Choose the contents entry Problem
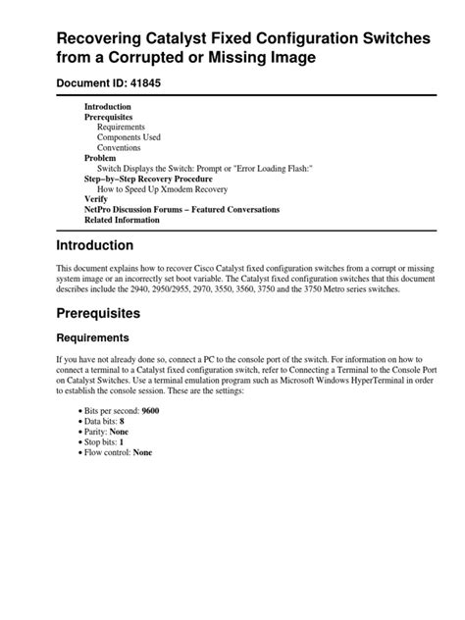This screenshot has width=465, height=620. pos(101,158)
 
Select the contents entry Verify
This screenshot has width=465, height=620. pos(97,199)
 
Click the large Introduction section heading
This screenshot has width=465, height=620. pos(108,245)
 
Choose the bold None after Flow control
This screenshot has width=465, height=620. pos(143,452)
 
